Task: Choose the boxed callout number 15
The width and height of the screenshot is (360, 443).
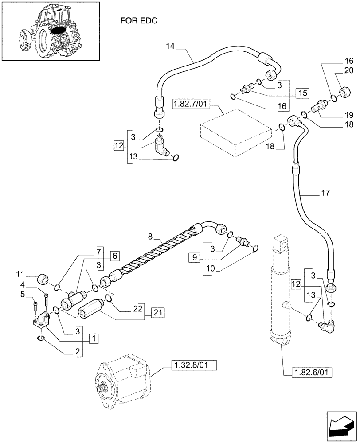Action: point(302,93)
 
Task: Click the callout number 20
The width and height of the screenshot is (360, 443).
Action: point(349,71)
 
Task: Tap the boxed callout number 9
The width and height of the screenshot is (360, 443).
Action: point(193,257)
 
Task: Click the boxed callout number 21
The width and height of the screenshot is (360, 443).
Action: point(158,312)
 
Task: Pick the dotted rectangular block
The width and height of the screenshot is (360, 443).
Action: point(235,135)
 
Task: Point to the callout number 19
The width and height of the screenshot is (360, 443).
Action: point(349,113)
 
